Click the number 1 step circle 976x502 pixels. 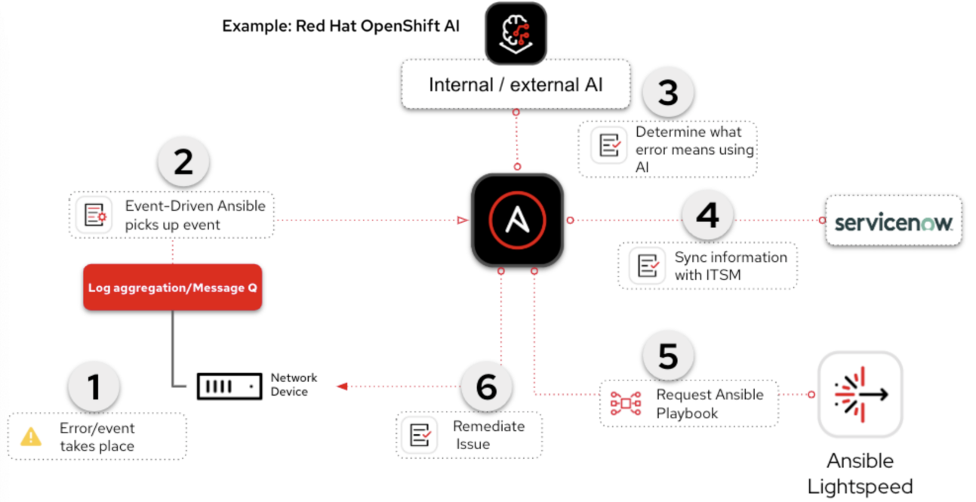pos(94,387)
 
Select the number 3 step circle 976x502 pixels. pos(668,94)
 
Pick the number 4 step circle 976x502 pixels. pos(707,217)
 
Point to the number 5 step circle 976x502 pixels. pos(668,357)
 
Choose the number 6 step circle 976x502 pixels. pos(487,387)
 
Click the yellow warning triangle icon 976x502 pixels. pos(31,436)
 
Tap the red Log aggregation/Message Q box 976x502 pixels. pos(172,288)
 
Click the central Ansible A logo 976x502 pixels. pos(517,220)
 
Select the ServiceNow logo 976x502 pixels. pos(894,222)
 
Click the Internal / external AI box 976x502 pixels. pos(516,85)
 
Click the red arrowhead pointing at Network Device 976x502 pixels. pos(342,387)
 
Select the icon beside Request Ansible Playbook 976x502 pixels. pos(625,404)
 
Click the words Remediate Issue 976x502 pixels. pos(488,435)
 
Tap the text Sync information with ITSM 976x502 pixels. pos(730,266)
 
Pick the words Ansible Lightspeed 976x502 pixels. pos(860,473)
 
